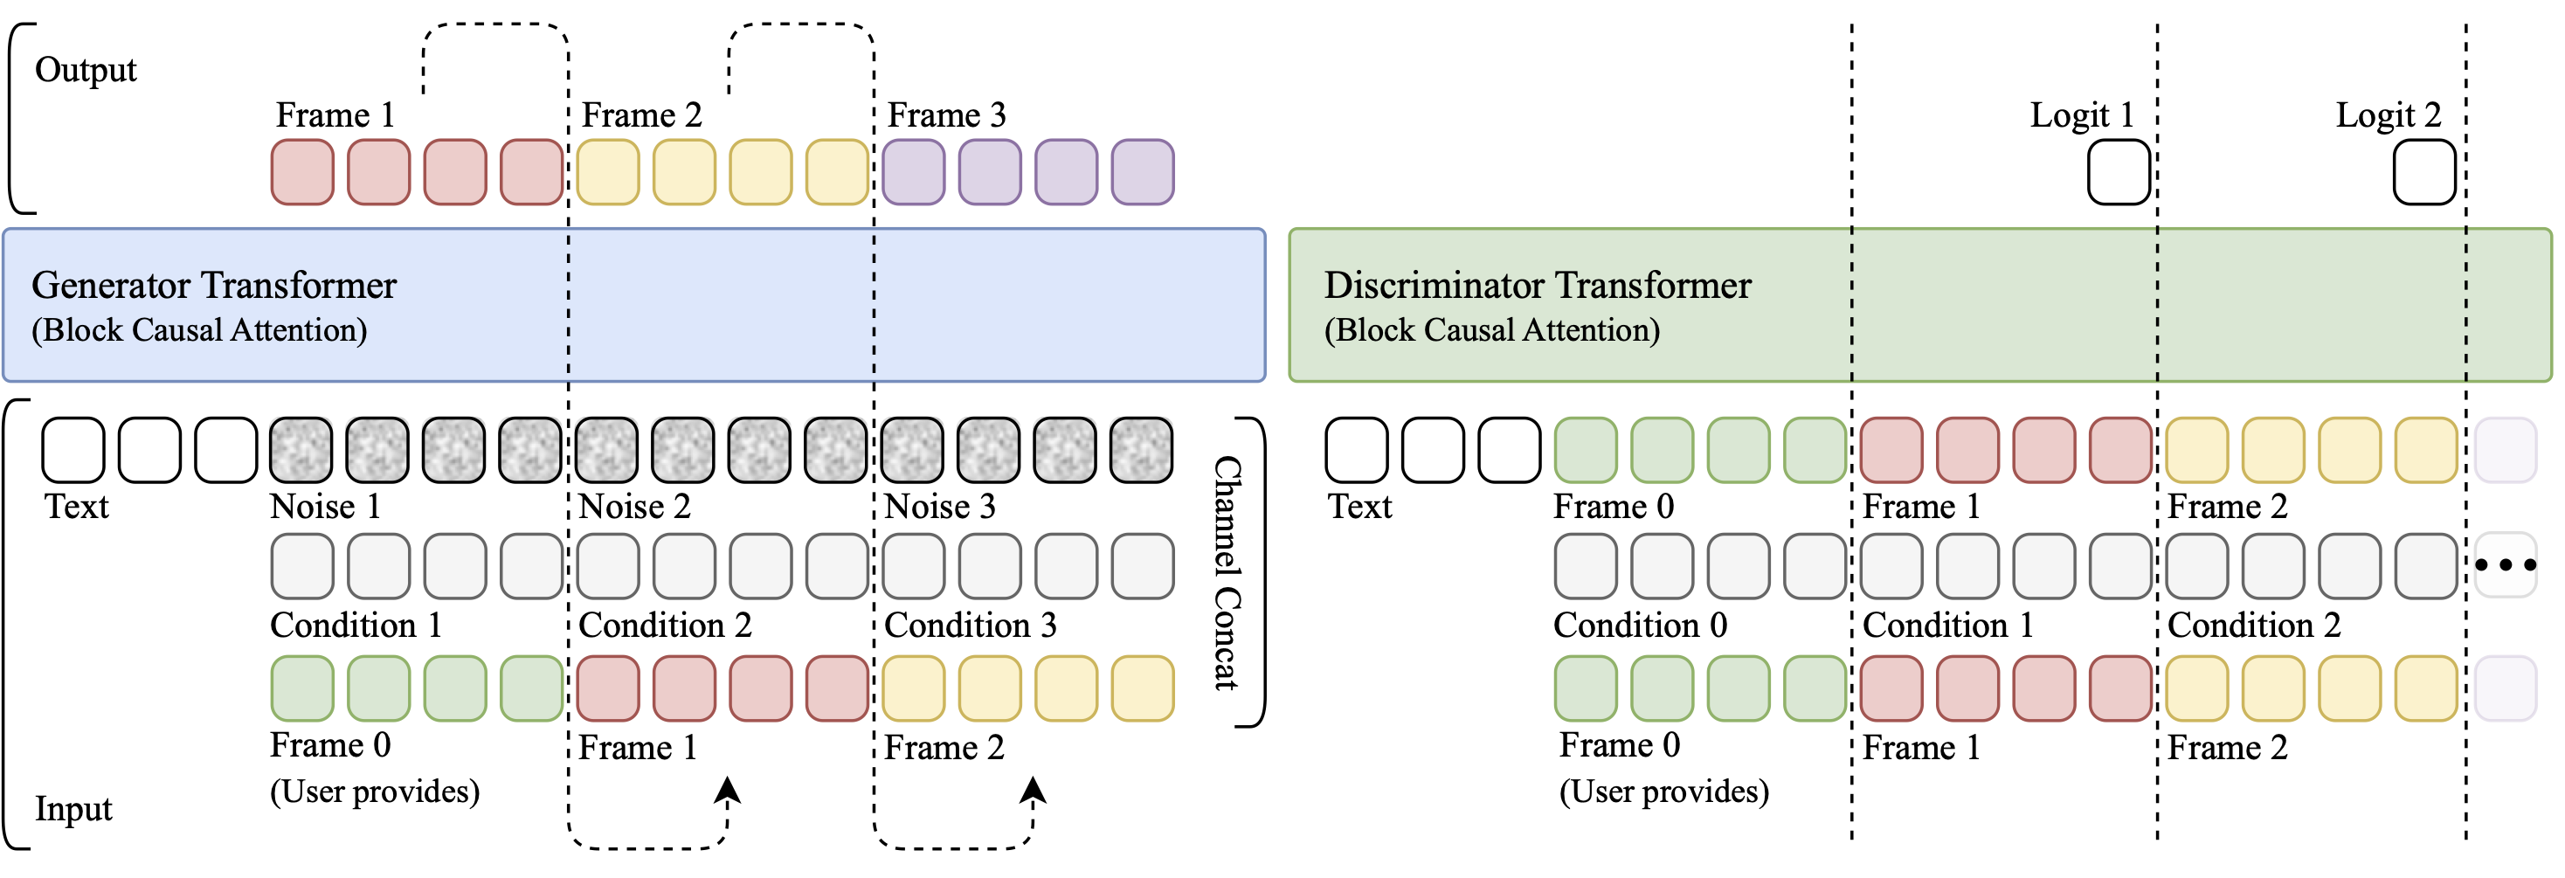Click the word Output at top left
click(x=86, y=70)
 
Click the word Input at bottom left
click(x=73, y=808)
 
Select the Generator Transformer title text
click(x=214, y=286)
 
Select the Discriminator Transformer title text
click(x=1537, y=286)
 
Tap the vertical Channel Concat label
click(x=1227, y=573)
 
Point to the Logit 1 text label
click(x=2082, y=115)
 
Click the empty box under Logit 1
click(x=2119, y=173)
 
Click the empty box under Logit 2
click(x=2424, y=173)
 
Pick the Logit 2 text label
click(x=2388, y=115)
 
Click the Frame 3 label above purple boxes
click(x=946, y=115)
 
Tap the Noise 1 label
click(x=325, y=507)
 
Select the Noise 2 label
click(x=634, y=507)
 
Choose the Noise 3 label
click(x=940, y=507)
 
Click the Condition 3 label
click(x=970, y=626)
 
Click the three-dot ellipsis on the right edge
click(x=2506, y=565)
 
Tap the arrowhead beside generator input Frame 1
click(x=728, y=791)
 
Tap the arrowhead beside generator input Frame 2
click(x=1033, y=791)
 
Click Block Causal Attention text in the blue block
click(x=199, y=330)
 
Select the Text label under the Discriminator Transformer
click(x=1359, y=507)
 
